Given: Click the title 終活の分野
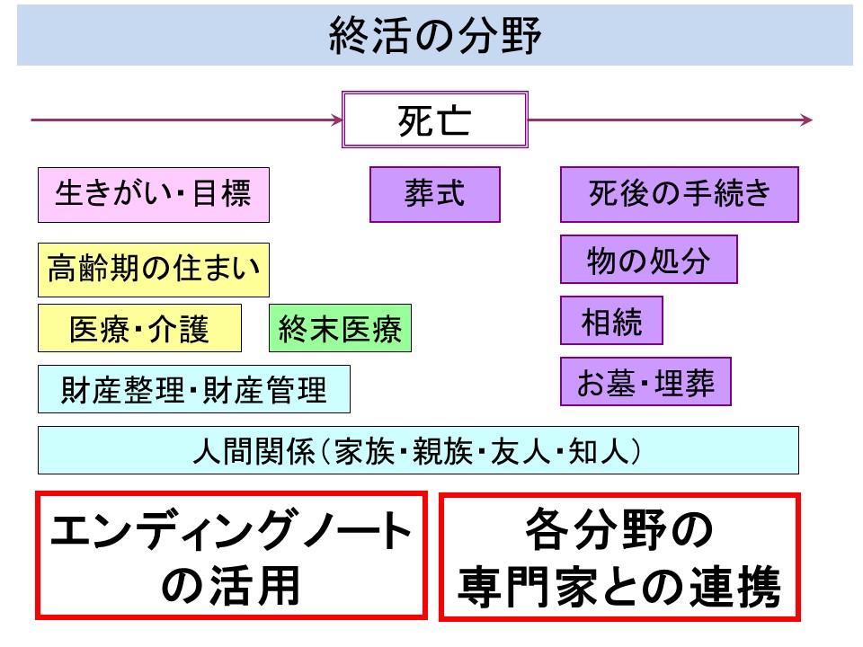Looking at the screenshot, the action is click(x=435, y=35).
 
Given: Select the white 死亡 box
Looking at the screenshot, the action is click(x=435, y=120).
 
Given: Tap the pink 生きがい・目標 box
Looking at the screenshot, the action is click(x=154, y=195).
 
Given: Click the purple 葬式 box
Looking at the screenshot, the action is click(x=435, y=194).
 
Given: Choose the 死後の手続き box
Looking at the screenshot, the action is click(x=680, y=194).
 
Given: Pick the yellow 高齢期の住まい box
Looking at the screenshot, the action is click(x=154, y=270).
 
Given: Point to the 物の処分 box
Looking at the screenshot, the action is click(x=649, y=259).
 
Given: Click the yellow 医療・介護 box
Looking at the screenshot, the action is click(x=140, y=328).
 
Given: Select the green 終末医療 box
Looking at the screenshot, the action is click(x=340, y=328).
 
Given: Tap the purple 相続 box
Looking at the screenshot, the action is click(x=611, y=320).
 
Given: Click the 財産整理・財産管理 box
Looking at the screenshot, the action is click(x=194, y=389).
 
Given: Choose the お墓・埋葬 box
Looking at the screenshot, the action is click(x=645, y=381).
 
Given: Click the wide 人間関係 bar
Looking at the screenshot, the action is click(x=418, y=450).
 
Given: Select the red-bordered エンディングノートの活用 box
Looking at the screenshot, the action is click(x=231, y=555).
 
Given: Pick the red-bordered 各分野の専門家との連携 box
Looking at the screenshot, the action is click(x=619, y=557).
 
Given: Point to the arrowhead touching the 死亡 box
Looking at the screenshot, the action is click(x=337, y=120).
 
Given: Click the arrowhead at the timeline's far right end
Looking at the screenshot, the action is click(x=806, y=120).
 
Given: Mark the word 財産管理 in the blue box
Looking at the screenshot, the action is click(x=265, y=389).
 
